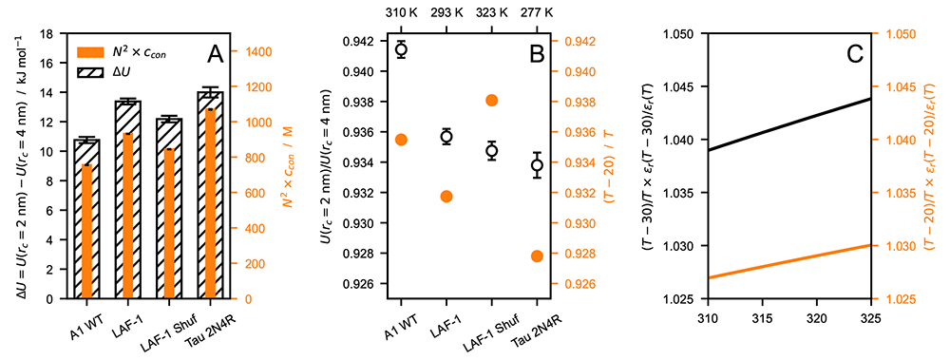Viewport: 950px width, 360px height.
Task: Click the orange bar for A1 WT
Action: (x=86, y=232)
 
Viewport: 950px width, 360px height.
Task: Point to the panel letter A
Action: (x=217, y=55)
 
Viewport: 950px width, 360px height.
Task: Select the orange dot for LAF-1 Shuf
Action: (x=491, y=100)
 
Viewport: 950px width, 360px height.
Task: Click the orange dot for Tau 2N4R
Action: (x=537, y=256)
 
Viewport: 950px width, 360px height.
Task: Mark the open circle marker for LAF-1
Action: (x=446, y=137)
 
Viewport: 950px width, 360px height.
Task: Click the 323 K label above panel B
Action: (x=491, y=11)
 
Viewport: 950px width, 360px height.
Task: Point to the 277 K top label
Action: (x=537, y=11)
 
